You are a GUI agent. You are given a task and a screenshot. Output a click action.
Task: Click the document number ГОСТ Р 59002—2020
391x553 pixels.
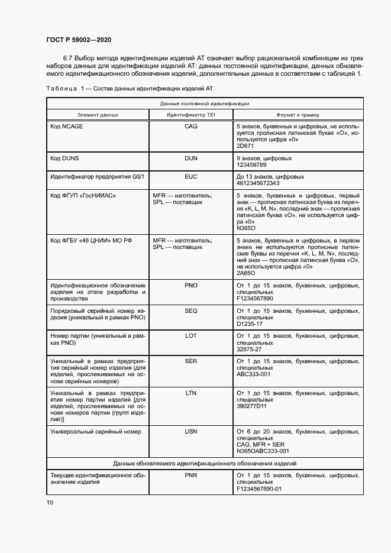79,40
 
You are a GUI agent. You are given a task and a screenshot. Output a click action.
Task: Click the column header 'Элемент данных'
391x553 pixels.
98,115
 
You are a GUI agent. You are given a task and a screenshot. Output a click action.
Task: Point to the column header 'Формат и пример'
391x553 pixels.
298,115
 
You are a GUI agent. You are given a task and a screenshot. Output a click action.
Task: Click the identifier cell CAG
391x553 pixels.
190,127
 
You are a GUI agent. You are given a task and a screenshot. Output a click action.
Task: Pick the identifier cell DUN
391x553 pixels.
190,159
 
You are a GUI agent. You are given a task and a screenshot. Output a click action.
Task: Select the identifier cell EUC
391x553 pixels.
190,176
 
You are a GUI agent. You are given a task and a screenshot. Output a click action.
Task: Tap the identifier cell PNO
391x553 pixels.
190,285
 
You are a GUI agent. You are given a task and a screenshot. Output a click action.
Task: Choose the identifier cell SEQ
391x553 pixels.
190,311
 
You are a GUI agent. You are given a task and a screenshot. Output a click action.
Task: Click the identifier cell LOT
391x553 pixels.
190,336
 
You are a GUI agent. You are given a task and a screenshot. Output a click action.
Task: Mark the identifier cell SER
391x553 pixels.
190,361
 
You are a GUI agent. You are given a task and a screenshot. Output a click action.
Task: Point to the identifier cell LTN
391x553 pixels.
190,393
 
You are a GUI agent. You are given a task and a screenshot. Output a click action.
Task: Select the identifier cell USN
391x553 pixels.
190,432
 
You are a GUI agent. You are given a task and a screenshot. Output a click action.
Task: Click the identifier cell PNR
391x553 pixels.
190,475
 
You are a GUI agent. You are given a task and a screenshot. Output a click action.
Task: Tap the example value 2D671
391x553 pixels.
245,145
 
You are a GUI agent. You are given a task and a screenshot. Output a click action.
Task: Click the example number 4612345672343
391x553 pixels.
258,183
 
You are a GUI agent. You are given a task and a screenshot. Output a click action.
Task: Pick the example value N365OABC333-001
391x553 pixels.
263,451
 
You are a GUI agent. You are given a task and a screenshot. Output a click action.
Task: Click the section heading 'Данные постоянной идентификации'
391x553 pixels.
205,104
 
